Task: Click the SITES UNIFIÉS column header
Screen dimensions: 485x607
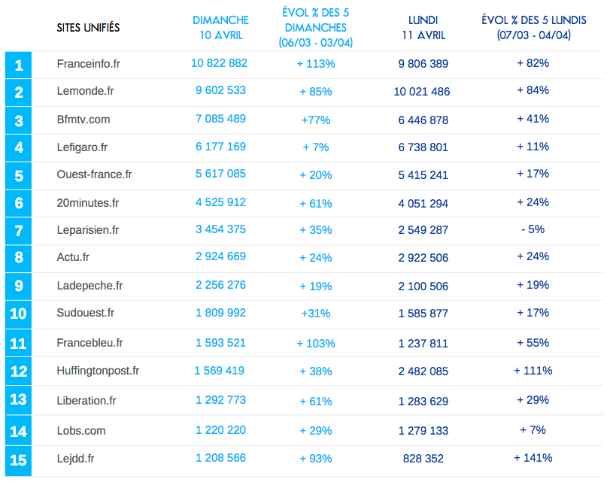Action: click(x=88, y=28)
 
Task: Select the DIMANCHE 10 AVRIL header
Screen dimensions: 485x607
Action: click(x=220, y=27)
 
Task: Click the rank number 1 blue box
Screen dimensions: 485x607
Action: click(x=19, y=65)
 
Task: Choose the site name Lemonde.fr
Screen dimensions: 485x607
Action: click(x=85, y=91)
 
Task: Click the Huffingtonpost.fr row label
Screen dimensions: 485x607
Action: click(x=98, y=371)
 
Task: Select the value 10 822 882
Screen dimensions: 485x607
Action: click(x=220, y=63)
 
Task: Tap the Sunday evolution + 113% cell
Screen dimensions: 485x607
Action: click(x=316, y=64)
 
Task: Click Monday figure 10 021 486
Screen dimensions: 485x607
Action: click(x=422, y=92)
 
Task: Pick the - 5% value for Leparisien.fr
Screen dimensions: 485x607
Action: click(x=533, y=229)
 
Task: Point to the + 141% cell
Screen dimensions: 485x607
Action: click(x=533, y=457)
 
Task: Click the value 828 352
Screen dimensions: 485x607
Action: click(x=423, y=458)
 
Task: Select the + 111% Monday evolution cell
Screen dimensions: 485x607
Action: click(x=533, y=371)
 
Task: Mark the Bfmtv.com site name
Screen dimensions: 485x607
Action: click(x=83, y=119)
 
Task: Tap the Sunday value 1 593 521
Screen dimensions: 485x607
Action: click(x=220, y=343)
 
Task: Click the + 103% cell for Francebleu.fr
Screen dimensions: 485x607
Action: click(x=316, y=344)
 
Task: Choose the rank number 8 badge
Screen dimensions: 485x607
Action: click(x=19, y=258)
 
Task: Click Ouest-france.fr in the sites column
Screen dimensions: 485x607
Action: click(x=94, y=174)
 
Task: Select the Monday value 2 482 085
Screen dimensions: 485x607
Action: click(x=423, y=371)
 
